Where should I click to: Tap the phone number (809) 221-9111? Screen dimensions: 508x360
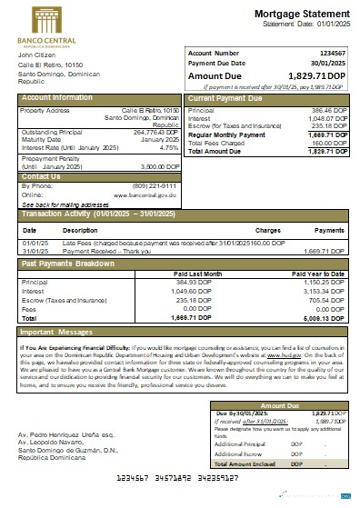155,186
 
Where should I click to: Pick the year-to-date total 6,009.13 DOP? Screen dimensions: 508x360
325,318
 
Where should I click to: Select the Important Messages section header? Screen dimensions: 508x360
61,333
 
